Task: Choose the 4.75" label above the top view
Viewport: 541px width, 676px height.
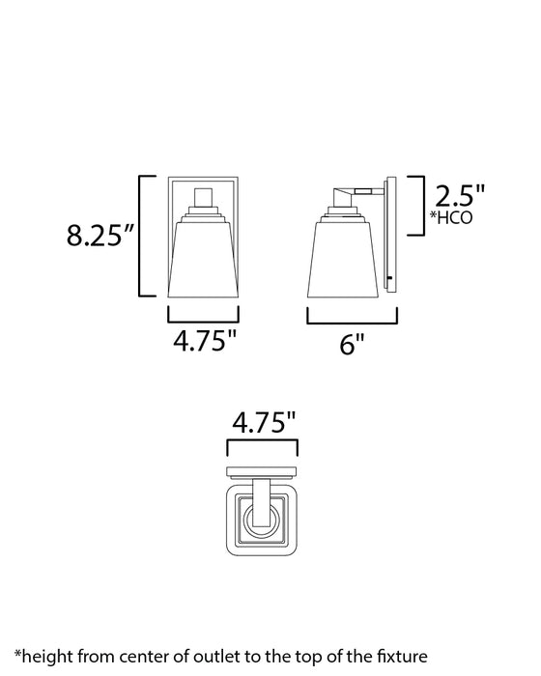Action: (261, 423)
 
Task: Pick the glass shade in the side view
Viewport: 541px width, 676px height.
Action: (344, 259)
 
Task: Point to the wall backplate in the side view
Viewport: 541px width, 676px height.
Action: (390, 241)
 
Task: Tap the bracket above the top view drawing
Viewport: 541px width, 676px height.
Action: (261, 448)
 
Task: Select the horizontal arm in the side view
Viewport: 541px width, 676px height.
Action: (368, 191)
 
